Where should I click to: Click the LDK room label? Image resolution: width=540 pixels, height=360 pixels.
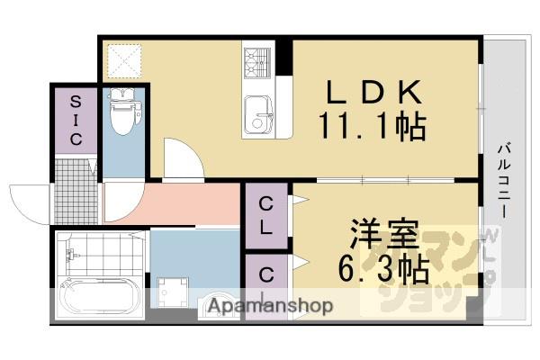pos(371,93)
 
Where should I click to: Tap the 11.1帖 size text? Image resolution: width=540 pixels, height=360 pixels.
pos(371,127)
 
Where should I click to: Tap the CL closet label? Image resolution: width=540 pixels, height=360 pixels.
pos(267,216)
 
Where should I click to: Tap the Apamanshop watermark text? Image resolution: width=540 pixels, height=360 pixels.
pos(270,306)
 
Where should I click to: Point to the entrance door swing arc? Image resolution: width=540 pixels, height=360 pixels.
pos(27,200)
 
